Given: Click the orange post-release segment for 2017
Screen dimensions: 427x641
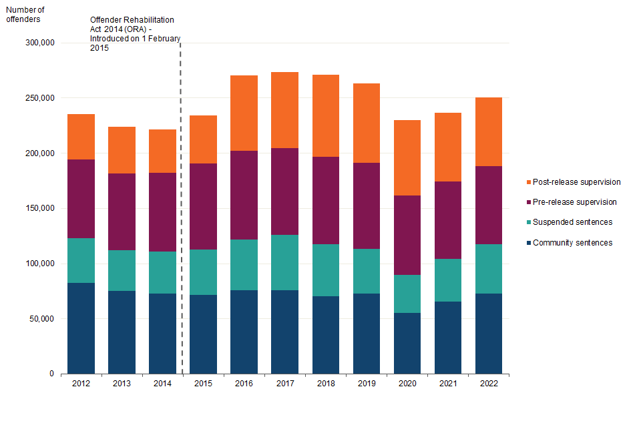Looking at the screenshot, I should tap(284, 110).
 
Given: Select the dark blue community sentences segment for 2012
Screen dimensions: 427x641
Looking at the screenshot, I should tap(81, 328).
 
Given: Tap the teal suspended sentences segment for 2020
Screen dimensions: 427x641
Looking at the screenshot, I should tap(407, 294).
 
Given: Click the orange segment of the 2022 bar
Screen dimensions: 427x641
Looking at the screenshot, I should tap(488, 131).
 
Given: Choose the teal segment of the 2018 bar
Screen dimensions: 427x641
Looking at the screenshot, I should tap(325, 270).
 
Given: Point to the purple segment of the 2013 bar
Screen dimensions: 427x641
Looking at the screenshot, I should tap(122, 211).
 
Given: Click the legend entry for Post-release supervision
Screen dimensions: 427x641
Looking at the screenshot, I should tap(573, 182).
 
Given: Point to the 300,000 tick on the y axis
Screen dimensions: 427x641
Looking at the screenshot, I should tap(39, 43).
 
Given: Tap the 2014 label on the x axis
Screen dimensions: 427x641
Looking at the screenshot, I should tap(162, 384).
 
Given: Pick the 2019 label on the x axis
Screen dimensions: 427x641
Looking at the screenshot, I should tap(366, 384).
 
